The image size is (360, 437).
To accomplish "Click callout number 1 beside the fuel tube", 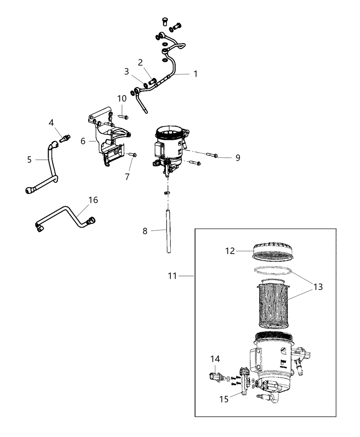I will (x=195, y=74).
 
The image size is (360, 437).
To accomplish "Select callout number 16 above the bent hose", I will (x=93, y=200).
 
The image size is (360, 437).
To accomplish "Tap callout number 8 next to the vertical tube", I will (x=145, y=231).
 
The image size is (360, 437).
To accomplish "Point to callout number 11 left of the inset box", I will (x=172, y=276).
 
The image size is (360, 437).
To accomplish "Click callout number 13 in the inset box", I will (x=318, y=287).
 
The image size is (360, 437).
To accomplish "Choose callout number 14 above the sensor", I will (x=215, y=359).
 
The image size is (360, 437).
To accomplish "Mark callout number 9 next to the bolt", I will (x=238, y=158).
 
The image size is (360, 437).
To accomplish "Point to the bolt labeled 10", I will (x=124, y=117).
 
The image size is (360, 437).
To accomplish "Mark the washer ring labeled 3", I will (x=146, y=85).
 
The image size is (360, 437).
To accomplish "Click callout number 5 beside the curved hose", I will (x=29, y=159).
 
